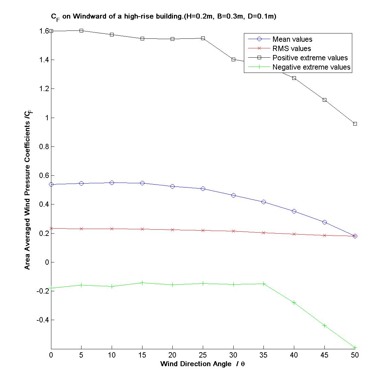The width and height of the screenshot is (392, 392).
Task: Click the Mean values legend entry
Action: pos(292,39)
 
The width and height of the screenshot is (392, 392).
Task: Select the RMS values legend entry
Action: pos(291,49)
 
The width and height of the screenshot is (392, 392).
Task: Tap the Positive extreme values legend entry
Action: pos(310,58)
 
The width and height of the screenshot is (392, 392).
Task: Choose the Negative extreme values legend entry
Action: pos(311,67)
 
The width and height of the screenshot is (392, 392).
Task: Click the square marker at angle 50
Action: pos(355,124)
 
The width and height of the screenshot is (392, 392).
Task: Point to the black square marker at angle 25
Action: pos(203,38)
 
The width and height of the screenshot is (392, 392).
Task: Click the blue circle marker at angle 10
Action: pos(112,183)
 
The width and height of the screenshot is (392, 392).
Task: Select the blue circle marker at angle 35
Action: pos(263,202)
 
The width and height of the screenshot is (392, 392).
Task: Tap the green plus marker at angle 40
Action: pos(294,303)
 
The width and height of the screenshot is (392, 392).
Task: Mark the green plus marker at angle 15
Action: pos(142,283)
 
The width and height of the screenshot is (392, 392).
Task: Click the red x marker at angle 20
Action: pos(172,230)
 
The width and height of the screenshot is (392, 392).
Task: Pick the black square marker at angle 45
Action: pos(324,100)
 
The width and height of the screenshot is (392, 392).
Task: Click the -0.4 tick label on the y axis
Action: pos(42,320)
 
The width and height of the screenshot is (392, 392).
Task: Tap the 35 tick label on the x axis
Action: pos(263,355)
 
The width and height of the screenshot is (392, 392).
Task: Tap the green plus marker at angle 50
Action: pos(355,348)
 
